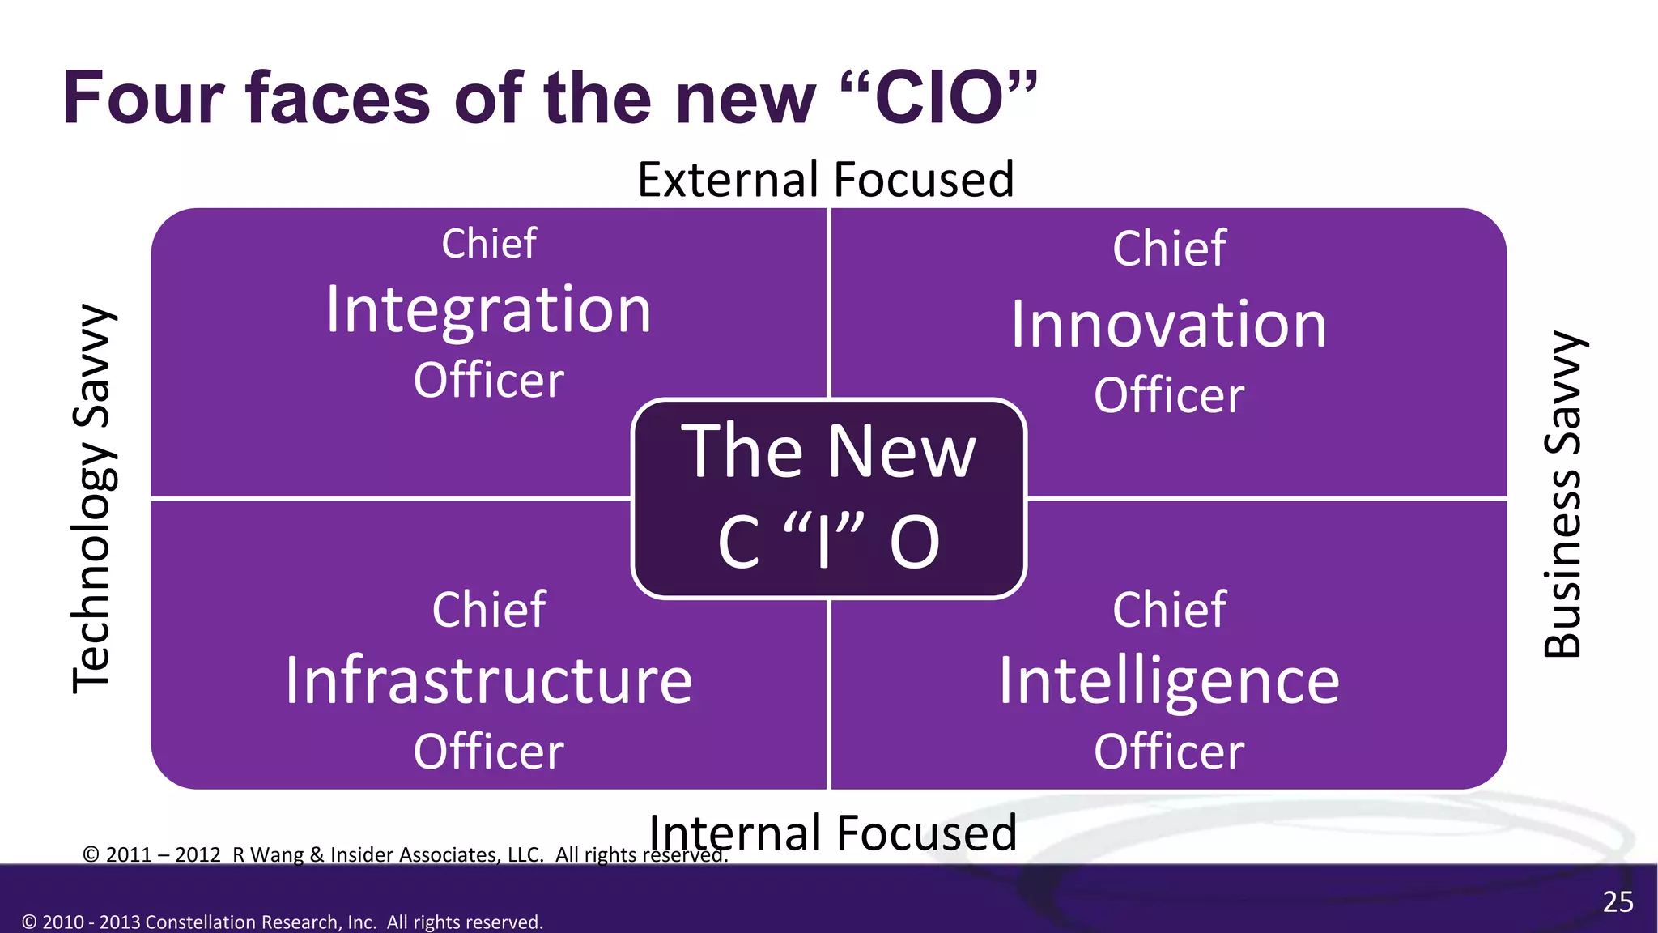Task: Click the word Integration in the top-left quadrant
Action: (x=488, y=310)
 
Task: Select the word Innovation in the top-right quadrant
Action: (x=1169, y=325)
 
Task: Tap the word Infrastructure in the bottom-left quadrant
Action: (x=489, y=680)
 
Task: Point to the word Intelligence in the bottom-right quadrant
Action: (x=1169, y=680)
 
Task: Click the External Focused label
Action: (x=826, y=179)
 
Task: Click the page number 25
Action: (x=1618, y=901)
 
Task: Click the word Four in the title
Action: (x=143, y=98)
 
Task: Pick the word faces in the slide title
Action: (x=338, y=98)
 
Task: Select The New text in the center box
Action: (x=828, y=451)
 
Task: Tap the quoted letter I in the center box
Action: (x=824, y=541)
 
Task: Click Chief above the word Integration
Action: (x=489, y=243)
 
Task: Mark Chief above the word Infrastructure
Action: (x=489, y=609)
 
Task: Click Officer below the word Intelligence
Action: (x=1169, y=752)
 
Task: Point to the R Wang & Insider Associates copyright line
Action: (x=405, y=854)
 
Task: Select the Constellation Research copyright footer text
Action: (x=283, y=922)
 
